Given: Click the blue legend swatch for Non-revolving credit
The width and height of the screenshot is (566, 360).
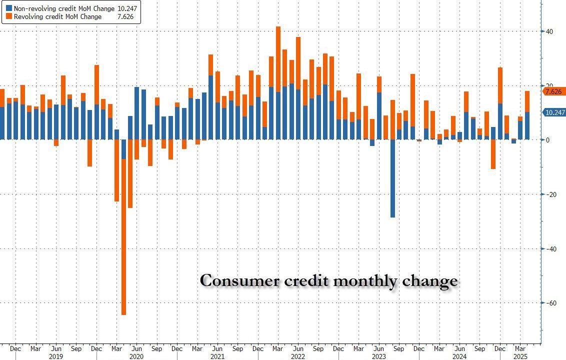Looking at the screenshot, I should pyautogui.click(x=8, y=8).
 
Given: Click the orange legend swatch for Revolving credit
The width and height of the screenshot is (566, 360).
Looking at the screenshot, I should pyautogui.click(x=8, y=16).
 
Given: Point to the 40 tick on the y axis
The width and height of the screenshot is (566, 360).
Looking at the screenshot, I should pyautogui.click(x=549, y=31).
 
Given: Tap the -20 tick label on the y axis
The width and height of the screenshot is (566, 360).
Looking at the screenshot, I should pyautogui.click(x=549, y=194).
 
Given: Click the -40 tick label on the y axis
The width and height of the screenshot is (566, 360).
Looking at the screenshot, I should pyautogui.click(x=549, y=249).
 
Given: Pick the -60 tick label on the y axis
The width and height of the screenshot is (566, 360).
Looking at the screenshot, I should pyautogui.click(x=549, y=303).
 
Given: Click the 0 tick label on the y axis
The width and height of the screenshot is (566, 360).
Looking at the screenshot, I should pyautogui.click(x=548, y=140).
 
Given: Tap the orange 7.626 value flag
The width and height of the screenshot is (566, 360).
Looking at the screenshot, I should pyautogui.click(x=554, y=92).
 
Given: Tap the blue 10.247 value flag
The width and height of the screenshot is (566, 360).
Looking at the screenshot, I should pyautogui.click(x=554, y=112).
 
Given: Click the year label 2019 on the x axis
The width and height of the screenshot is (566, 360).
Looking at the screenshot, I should pyautogui.click(x=55, y=356).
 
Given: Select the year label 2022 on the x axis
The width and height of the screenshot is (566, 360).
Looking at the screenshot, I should pyautogui.click(x=298, y=356).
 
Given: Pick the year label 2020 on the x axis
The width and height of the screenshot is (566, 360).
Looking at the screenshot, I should pyautogui.click(x=136, y=356).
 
